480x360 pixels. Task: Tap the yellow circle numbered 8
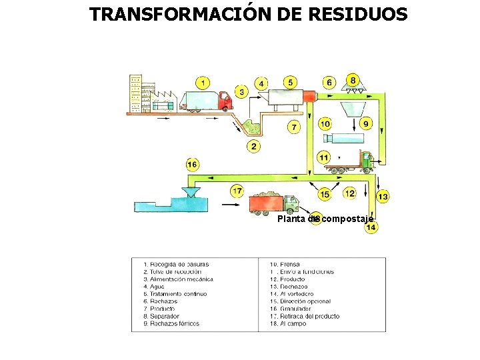353,79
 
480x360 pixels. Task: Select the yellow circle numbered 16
192,164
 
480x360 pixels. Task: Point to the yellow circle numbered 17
238,192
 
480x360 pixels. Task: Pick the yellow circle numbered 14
371,227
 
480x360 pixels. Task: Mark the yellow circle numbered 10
325,123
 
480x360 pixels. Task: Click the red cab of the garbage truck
225,101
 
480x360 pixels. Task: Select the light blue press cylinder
343,139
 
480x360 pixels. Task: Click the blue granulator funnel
191,193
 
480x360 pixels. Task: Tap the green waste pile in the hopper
253,126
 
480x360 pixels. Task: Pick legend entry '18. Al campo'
288,324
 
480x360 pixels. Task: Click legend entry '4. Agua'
157,287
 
